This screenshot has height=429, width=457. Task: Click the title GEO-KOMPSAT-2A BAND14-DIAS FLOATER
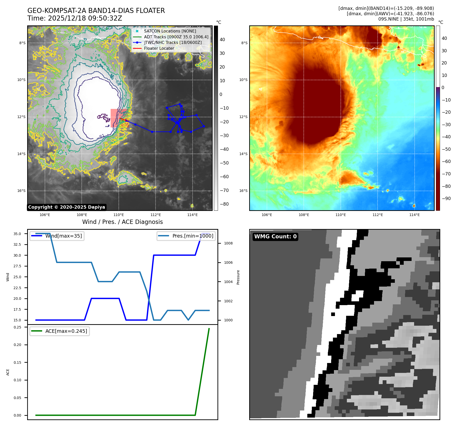click(x=96, y=11)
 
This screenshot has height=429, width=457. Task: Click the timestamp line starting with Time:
click(x=75, y=19)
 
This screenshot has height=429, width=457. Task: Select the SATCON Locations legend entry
click(x=170, y=31)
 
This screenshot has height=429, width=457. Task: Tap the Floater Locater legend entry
click(x=159, y=48)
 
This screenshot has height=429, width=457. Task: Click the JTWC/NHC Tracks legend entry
click(x=173, y=43)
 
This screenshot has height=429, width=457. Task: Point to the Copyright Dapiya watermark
click(x=66, y=207)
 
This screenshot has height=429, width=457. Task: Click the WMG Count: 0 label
click(x=275, y=237)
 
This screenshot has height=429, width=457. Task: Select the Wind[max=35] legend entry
click(x=63, y=236)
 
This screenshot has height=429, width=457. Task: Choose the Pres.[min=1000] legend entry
click(x=193, y=236)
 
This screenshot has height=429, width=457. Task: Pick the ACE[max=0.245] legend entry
click(x=66, y=331)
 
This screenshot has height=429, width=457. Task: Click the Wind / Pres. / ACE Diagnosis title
click(x=122, y=222)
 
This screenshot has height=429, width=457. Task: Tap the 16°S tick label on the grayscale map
click(x=21, y=191)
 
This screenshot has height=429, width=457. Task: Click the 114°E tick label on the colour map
click(x=414, y=215)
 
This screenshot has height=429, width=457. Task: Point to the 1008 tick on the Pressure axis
click(x=228, y=243)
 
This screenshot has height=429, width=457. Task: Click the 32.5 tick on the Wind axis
click(x=17, y=244)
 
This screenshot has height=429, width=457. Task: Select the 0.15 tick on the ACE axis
click(x=17, y=362)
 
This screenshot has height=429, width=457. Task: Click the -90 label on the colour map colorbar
click(x=446, y=199)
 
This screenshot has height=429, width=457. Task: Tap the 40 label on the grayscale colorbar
click(x=222, y=40)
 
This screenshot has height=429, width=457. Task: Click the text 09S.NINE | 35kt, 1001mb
click(x=406, y=19)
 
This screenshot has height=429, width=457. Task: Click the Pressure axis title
click(x=238, y=277)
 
